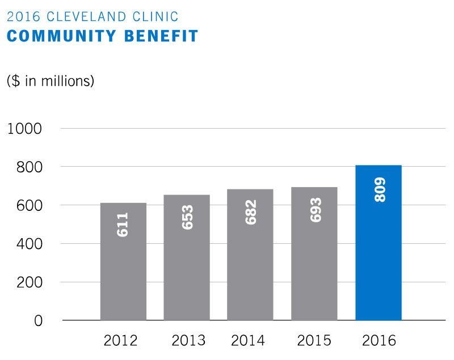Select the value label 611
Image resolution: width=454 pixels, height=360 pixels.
point(123,225)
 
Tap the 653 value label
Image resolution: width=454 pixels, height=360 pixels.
point(187,217)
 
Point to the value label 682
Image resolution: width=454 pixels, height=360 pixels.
point(250,211)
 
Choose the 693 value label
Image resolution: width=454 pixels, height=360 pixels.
point(315,210)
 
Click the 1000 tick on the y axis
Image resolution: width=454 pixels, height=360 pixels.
point(25,129)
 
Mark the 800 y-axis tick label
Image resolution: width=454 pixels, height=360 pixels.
point(29,167)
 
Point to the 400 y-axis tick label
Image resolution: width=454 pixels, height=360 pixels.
point(29,244)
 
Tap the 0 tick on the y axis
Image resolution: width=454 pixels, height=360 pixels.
point(38,321)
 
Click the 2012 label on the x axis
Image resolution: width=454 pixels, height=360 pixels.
point(120,341)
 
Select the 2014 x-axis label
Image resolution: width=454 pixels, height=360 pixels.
point(248,341)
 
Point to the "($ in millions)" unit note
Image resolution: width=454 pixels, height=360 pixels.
point(50,81)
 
